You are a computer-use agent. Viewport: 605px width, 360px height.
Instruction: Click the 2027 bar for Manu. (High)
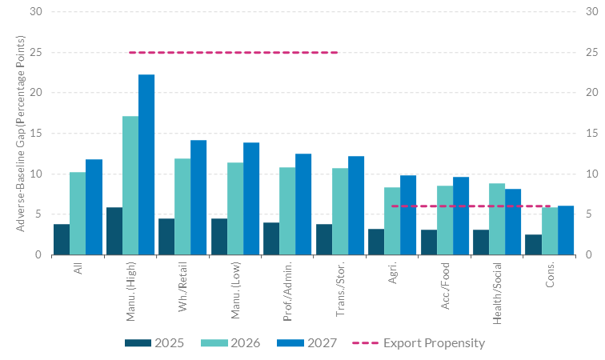[x=146, y=165]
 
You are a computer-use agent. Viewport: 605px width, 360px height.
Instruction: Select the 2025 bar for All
[x=62, y=239]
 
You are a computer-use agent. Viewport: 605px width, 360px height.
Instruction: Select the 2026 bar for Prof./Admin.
[x=287, y=211]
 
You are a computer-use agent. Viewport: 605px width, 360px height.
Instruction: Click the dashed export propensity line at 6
[x=471, y=206]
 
